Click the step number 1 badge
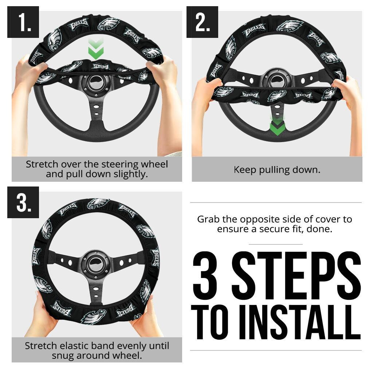(23, 22)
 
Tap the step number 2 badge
(202, 22)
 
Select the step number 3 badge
(23, 203)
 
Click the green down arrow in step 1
(96, 49)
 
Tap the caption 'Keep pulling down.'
(277, 170)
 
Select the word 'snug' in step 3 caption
(64, 355)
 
